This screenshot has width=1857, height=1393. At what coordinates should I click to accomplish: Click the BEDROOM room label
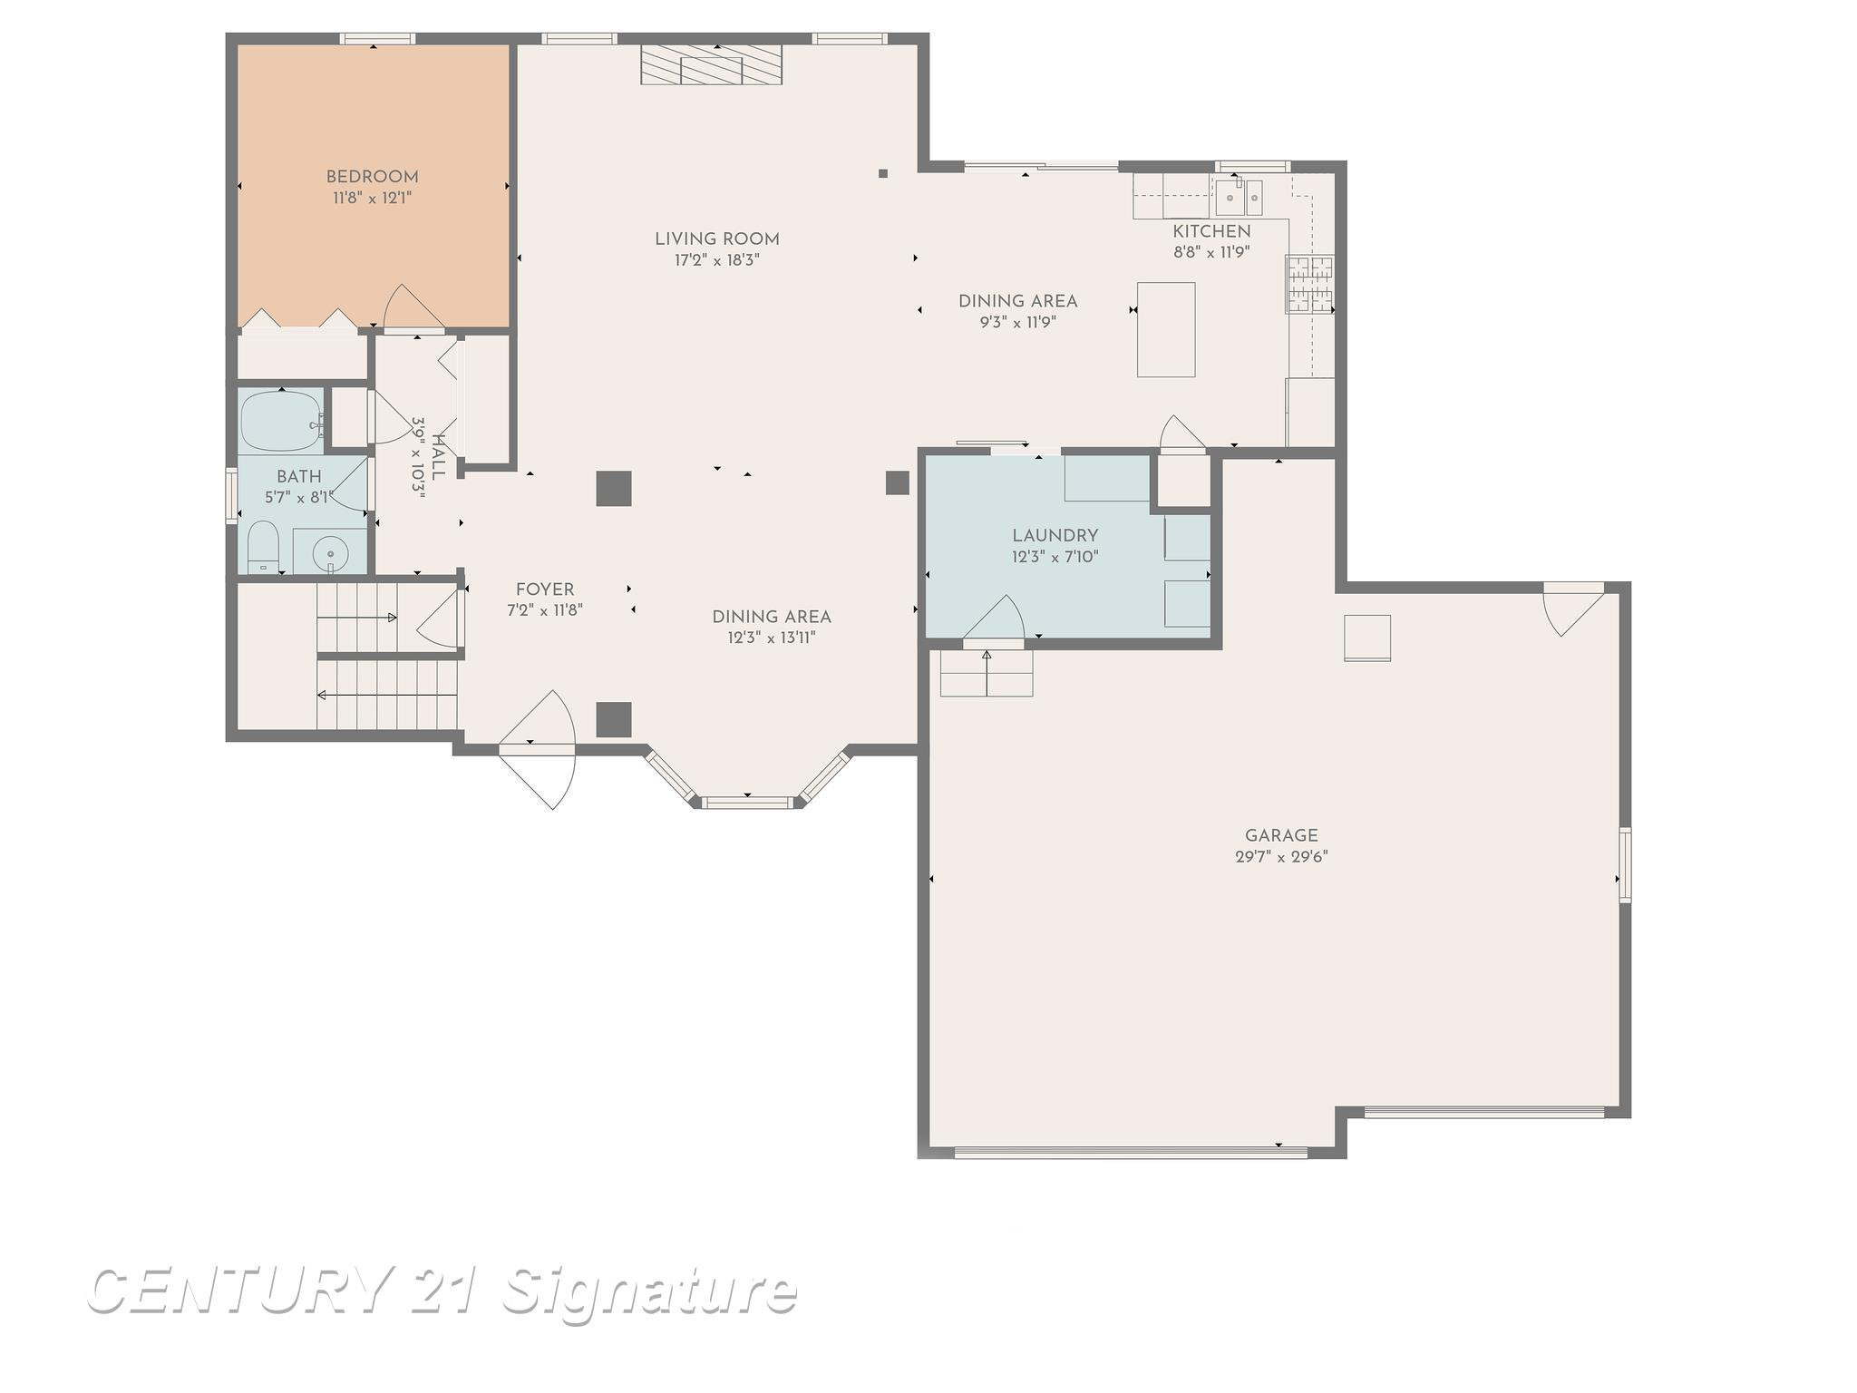pos(372,177)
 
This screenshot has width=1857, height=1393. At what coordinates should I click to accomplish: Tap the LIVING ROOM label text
pos(717,239)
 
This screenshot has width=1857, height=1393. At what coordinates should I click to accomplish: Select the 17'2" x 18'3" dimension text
pos(717,260)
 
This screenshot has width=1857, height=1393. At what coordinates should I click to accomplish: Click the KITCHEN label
pos(1211,231)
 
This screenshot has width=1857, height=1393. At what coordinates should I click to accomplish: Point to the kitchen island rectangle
pos(1166,329)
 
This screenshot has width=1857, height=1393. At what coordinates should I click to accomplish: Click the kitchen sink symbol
pos(1239,196)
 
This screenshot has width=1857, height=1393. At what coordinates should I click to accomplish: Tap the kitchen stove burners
pos(1309,284)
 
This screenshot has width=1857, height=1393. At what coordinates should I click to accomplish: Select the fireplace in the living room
pos(712,64)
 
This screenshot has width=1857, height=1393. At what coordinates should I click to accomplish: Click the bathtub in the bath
pos(282,422)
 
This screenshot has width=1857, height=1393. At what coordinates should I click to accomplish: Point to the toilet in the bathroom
pos(263,547)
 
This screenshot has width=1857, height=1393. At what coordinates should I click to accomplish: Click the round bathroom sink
pos(330,551)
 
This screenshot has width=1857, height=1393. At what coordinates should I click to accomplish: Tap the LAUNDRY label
pos(1055,536)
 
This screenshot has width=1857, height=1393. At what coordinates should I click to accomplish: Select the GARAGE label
pos(1281,836)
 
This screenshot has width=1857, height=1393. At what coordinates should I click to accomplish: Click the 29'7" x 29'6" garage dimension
pos(1281,857)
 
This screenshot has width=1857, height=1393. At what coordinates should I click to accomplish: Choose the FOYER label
pos(545,589)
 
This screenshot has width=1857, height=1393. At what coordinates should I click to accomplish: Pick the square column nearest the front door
pos(614,719)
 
